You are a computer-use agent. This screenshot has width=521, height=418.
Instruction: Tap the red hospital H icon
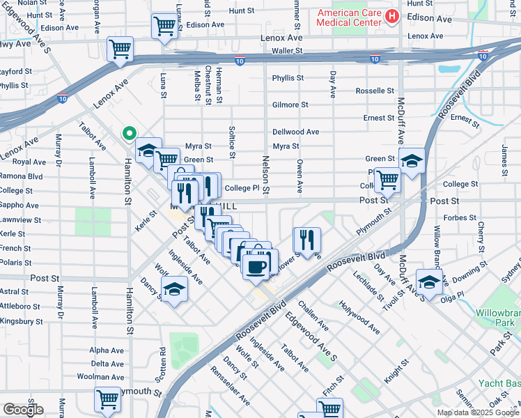click(x=392, y=15)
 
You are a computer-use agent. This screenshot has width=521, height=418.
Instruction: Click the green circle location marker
click(x=129, y=133)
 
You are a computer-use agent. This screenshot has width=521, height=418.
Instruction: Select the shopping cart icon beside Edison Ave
click(x=164, y=26)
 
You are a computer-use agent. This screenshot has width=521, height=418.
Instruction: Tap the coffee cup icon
click(x=257, y=266)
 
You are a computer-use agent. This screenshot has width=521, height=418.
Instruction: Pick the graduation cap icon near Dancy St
click(x=174, y=291)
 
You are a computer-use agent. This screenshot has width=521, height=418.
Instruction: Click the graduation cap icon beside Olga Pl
click(x=430, y=282)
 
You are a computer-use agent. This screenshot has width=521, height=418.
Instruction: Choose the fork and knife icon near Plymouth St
click(x=306, y=240)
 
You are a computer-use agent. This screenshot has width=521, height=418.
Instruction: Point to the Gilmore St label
click(x=290, y=104)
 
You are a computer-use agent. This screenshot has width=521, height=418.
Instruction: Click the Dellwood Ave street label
click(x=295, y=132)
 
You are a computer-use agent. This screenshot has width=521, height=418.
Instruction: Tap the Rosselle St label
click(x=375, y=91)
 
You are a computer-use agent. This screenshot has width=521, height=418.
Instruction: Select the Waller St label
click(x=288, y=50)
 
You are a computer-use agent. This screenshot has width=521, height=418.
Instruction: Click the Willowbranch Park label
click(x=498, y=319)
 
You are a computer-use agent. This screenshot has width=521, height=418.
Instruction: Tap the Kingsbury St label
click(x=22, y=322)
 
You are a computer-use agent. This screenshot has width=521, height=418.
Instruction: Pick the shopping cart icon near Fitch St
click(x=329, y=408)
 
